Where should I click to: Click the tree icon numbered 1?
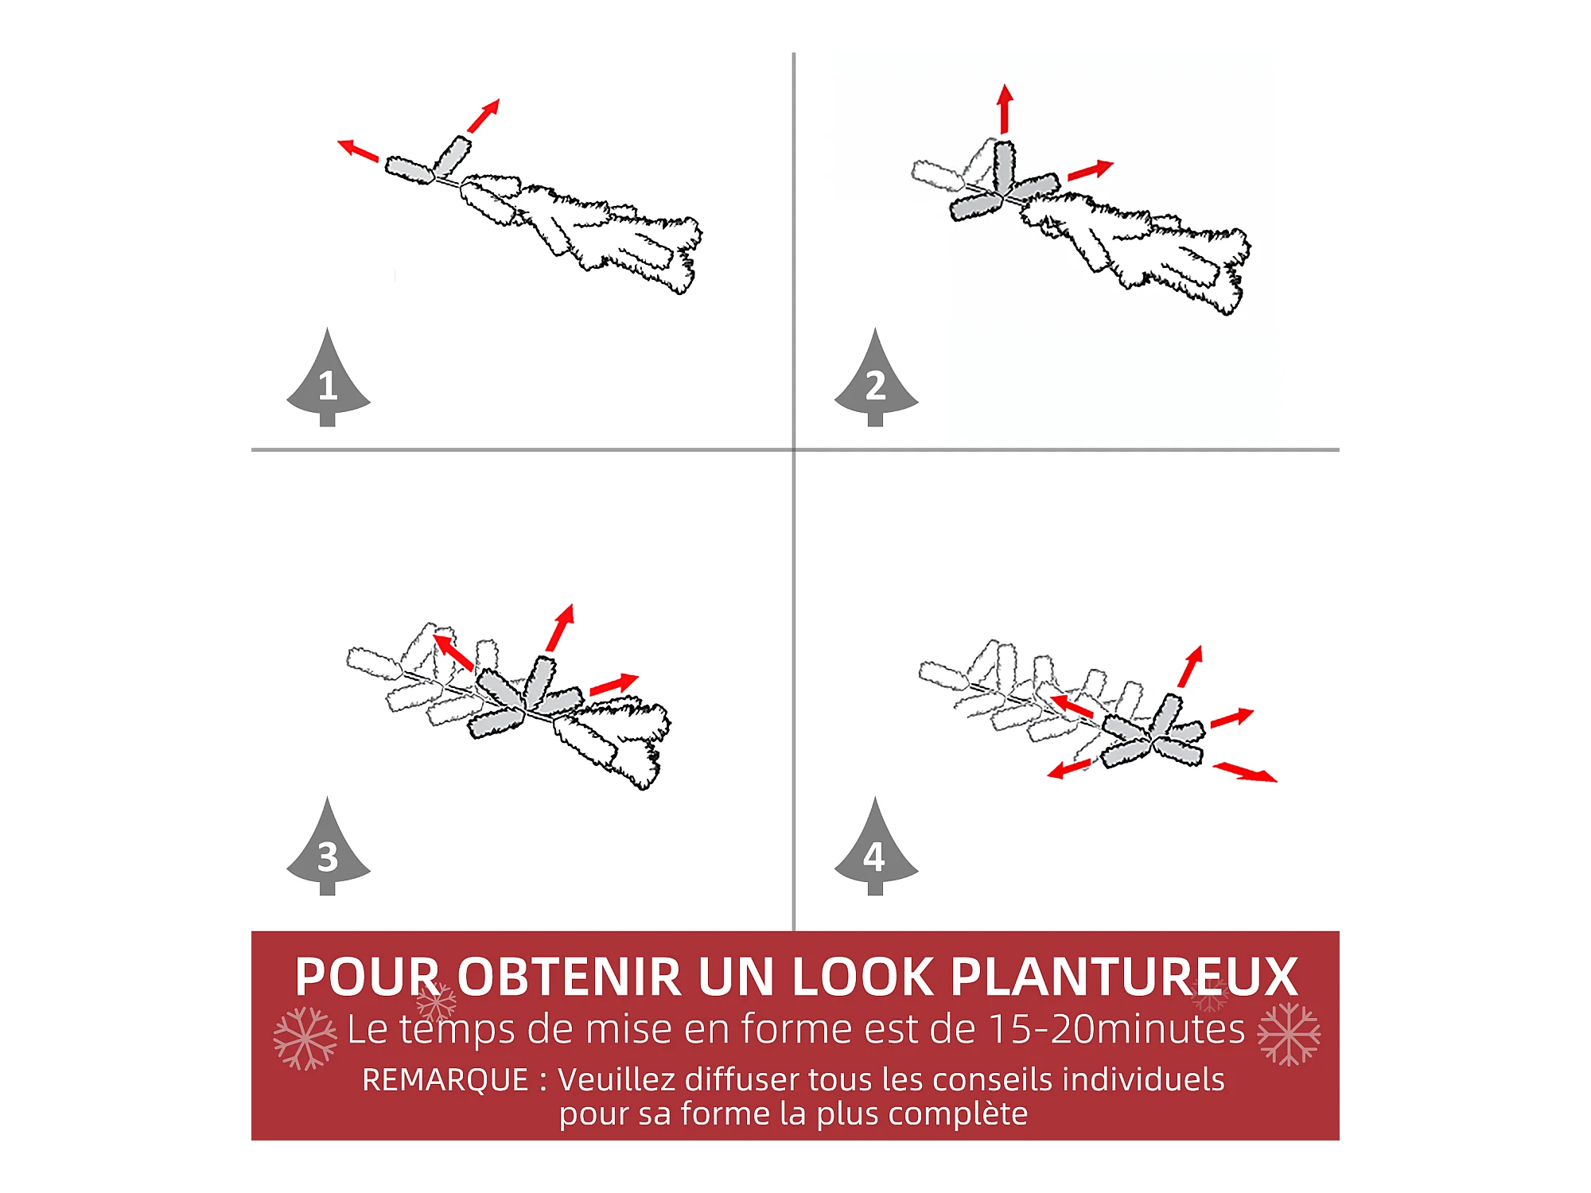pos(328,380)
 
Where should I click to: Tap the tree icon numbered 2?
pos(876,380)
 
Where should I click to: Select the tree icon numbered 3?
pos(328,849)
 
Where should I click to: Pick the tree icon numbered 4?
pos(876,849)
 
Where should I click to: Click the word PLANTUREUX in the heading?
pos(1124,977)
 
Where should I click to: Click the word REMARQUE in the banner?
pos(445,1080)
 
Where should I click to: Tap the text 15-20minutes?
pos(1116,1028)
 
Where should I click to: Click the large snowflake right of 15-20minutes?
pos(1289,1034)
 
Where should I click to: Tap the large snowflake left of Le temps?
pos(305,1038)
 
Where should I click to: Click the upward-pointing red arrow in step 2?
pos(1005,108)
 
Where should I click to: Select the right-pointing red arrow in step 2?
pos(1091,170)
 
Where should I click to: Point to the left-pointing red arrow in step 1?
pos(358,150)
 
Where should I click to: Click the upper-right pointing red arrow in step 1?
pos(484,115)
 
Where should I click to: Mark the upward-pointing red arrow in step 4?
pos(1191,666)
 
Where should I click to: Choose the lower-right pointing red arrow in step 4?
pos(1245,772)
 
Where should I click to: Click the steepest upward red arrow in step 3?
pos(560,628)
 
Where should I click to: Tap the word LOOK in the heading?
pos(863,977)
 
